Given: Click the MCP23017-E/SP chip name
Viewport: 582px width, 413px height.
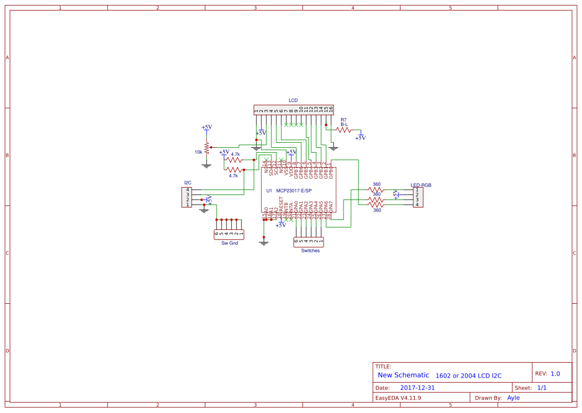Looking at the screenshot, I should click(294, 191).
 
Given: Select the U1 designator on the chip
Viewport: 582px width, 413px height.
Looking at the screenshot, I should click(269, 191).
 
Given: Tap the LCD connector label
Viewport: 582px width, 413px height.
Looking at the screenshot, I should click(293, 101).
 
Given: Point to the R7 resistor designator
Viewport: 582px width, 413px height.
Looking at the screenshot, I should click(344, 120).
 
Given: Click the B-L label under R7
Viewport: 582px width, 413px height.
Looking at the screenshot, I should click(344, 124).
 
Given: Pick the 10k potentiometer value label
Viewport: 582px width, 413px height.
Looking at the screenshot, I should click(198, 152).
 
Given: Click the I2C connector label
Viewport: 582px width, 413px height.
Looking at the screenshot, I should click(188, 183).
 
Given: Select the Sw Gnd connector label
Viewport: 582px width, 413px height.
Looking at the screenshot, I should click(230, 243).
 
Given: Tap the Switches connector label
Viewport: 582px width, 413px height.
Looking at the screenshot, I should click(310, 250).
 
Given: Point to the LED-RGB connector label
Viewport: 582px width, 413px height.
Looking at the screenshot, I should click(421, 185).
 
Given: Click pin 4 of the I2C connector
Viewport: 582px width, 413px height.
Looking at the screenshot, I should click(188, 190).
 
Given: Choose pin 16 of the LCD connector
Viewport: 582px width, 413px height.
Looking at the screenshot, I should click(331, 110).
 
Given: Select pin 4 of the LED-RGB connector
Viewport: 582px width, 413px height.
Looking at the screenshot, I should click(417, 205).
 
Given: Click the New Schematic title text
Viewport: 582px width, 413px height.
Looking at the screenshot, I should click(403, 375).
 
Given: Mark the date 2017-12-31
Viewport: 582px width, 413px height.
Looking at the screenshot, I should click(417, 388).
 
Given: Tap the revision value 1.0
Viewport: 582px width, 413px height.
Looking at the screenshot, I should click(555, 374).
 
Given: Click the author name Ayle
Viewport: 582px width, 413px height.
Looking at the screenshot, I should click(513, 398).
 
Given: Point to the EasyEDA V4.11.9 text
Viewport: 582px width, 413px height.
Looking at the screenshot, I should click(398, 398).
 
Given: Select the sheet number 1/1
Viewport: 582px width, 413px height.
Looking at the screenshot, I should click(542, 388).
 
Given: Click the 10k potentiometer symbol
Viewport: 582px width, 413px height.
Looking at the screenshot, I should click(206, 147).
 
